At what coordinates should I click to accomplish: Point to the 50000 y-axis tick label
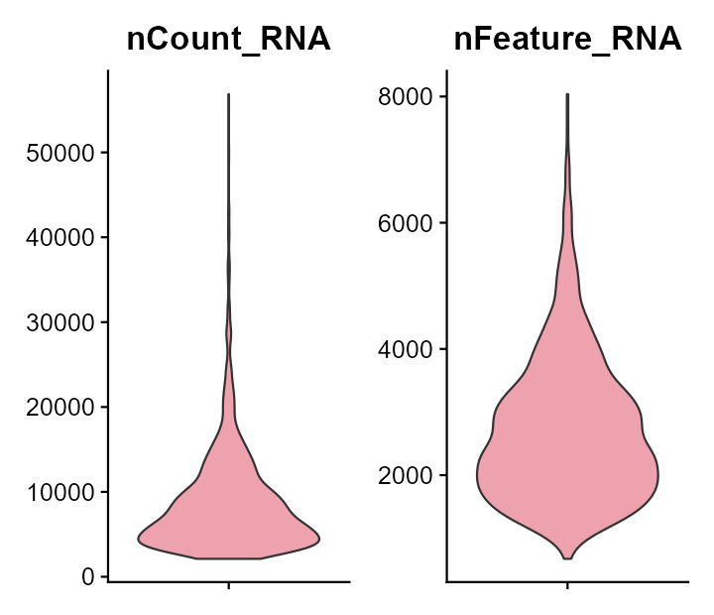tap(61, 153)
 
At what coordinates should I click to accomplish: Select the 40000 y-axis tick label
tap(61, 238)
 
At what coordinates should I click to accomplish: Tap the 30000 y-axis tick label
tap(61, 322)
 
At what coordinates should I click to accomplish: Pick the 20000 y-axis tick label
tap(61, 408)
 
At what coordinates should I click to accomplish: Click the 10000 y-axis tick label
tap(61, 492)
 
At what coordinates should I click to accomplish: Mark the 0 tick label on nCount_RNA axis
tap(88, 576)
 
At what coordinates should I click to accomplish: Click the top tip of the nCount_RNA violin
tap(229, 94)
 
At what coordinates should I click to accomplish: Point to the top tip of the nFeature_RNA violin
tap(567, 94)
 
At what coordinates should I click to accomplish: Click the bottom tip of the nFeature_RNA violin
tap(567, 558)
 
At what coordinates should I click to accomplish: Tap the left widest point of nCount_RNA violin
tap(138, 539)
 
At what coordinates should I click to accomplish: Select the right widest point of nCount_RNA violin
tap(319, 539)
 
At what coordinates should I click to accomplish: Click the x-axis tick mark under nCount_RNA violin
tap(229, 585)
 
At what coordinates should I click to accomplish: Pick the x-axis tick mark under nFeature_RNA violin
tap(567, 585)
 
